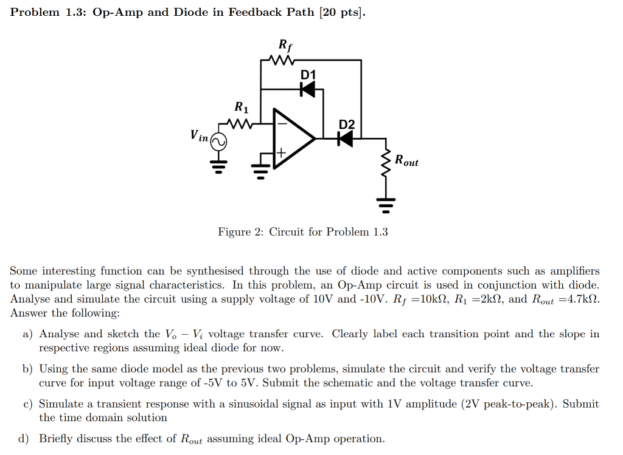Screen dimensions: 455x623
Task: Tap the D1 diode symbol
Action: point(308,89)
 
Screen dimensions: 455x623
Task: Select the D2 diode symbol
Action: point(345,139)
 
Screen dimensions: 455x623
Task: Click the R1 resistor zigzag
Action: point(241,124)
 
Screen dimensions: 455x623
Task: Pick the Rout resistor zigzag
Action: point(385,162)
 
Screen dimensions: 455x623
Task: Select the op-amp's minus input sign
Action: point(282,124)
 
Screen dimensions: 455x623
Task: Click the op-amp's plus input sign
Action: point(282,152)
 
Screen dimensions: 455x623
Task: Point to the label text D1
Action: point(308,75)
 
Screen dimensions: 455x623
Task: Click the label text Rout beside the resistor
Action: point(406,161)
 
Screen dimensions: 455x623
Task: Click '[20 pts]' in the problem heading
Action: point(343,13)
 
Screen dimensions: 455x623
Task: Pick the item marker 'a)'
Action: point(28,334)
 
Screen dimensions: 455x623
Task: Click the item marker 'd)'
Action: point(28,439)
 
